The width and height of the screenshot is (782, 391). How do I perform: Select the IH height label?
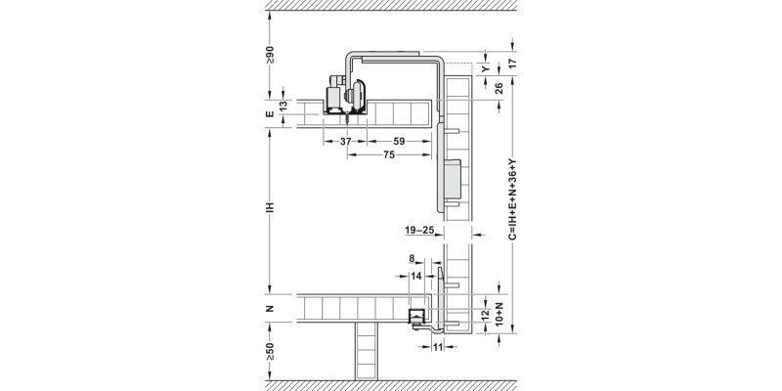coord(272,208)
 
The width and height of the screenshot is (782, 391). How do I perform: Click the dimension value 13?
coord(283,107)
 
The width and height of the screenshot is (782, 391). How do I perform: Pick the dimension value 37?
coord(346,142)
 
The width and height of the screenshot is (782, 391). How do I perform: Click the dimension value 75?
coord(389,154)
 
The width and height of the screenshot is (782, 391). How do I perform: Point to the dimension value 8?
coord(413,260)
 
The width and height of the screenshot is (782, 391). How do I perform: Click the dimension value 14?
coord(417,277)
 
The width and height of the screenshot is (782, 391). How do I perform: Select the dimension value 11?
coord(437,346)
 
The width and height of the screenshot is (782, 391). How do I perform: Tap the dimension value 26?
coord(499,88)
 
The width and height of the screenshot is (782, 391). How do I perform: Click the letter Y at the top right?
coord(487,68)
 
